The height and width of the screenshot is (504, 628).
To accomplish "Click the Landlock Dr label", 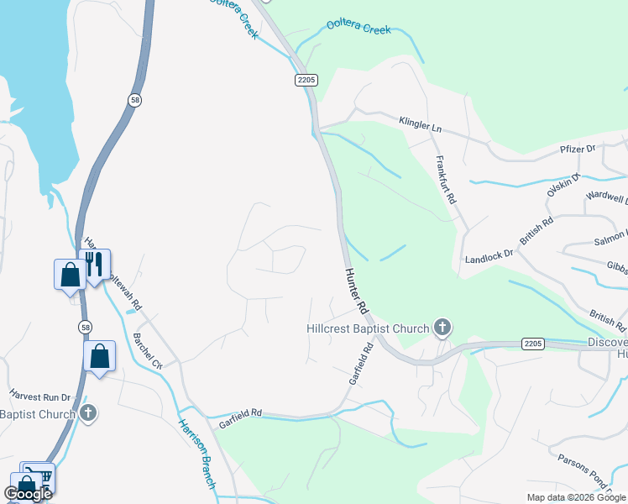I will click(488, 257).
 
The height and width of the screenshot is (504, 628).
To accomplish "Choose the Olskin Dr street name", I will click(563, 186).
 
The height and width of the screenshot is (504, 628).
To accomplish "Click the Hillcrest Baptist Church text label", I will click(367, 328).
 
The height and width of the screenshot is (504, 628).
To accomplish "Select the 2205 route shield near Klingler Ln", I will click(306, 79).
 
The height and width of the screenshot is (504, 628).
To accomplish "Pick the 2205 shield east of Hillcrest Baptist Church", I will click(532, 344).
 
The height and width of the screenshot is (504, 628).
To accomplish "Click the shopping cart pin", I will click(39, 476).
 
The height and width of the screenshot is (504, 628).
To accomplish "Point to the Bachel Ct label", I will click(147, 351).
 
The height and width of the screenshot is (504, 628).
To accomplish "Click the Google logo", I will click(28, 494).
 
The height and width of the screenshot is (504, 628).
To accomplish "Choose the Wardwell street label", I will click(608, 199).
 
